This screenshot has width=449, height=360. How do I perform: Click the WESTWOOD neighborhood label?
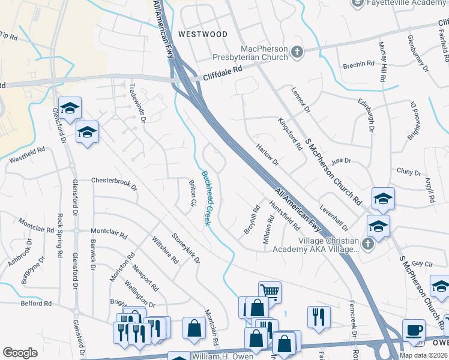coord(202,34)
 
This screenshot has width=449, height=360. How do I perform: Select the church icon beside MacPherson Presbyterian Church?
coord(297,53)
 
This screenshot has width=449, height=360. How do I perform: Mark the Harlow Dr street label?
coord(268,155)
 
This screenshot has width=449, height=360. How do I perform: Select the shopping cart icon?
coord(270,292)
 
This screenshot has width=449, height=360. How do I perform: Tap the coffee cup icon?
coord(413,329)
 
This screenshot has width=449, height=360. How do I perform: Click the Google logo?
coord(20,353)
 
